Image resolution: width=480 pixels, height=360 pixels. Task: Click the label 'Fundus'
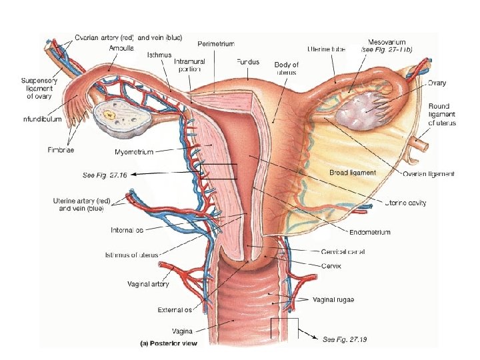tap(247, 61)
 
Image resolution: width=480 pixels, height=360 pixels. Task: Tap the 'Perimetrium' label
tap(215, 43)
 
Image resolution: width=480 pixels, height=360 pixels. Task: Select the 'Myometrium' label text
tap(134, 152)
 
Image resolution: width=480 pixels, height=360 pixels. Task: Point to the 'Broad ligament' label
tap(353, 172)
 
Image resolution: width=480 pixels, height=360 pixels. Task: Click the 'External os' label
tap(174, 309)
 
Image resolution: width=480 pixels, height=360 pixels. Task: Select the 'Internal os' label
tap(127, 230)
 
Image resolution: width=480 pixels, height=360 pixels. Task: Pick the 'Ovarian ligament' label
tap(429, 174)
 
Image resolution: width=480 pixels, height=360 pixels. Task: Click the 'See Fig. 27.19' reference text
tap(345, 340)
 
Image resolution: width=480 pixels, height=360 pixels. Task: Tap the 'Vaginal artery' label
tap(148, 284)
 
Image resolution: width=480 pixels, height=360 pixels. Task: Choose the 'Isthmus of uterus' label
tap(132, 255)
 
